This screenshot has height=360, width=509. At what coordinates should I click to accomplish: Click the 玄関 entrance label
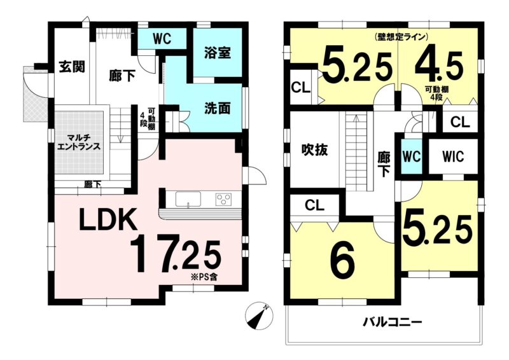point(72,67)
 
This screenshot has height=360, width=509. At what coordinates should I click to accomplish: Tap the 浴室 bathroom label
point(218,53)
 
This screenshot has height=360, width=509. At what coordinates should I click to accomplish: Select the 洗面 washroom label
point(218,108)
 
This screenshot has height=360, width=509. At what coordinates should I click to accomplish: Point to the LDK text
point(108,219)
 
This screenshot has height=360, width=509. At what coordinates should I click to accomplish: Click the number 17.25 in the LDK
point(176,254)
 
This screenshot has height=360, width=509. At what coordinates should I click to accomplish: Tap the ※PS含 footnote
point(205,277)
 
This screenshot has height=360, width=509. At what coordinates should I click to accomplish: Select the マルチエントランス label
point(79,143)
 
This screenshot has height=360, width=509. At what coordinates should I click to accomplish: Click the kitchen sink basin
point(188,198)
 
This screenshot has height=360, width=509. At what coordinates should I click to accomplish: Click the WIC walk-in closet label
point(453,157)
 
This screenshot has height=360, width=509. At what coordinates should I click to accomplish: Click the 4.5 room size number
point(439,68)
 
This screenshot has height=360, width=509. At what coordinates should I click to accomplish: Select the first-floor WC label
point(162,39)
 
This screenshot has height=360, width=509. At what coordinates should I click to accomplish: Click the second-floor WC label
point(412,157)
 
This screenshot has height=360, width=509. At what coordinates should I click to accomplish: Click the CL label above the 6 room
point(314,205)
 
